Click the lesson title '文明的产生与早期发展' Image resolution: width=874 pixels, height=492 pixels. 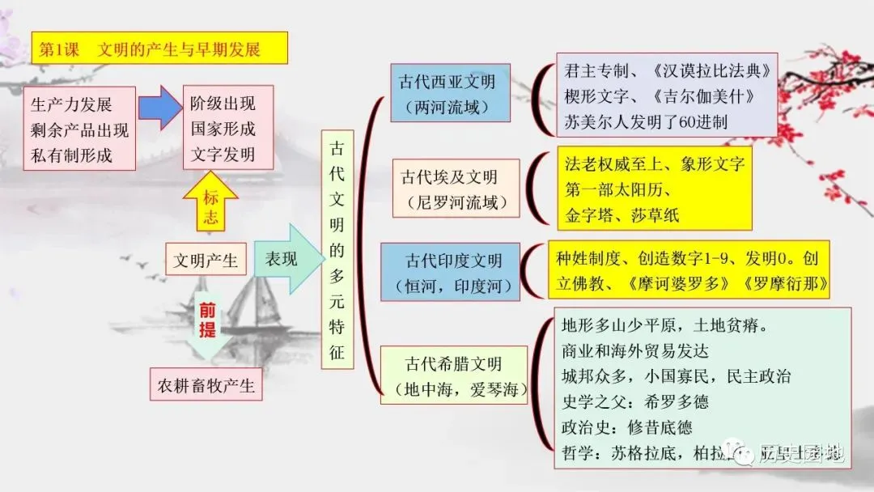[179, 49]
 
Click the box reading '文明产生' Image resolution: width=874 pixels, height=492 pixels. [206, 261]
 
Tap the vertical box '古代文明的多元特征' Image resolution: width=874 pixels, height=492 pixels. [337, 250]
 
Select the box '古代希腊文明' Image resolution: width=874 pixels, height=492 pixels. [453, 376]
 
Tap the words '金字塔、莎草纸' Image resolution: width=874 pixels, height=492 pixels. [622, 214]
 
